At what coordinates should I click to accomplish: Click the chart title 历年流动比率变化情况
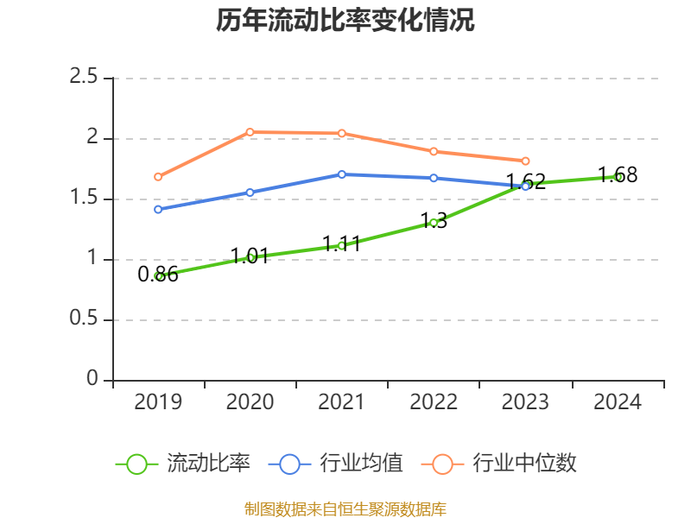tap(345, 21)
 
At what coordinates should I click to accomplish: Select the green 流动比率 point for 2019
tap(159, 276)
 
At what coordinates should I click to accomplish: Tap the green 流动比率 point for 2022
tap(434, 223)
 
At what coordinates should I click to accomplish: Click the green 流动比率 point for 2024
tap(618, 177)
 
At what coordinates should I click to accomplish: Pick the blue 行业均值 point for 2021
tap(342, 174)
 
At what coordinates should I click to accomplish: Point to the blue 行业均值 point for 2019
tap(159, 210)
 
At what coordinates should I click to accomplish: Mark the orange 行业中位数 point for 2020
tap(250, 132)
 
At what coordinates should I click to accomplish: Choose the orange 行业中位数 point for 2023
tap(525, 161)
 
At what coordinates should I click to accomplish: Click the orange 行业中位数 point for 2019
tap(159, 177)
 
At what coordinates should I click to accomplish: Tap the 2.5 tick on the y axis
tap(85, 78)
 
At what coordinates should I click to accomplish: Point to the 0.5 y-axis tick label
tap(85, 319)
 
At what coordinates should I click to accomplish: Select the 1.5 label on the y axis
tap(85, 199)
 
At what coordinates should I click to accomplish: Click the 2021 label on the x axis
tap(342, 402)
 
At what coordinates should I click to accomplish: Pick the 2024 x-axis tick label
tap(618, 402)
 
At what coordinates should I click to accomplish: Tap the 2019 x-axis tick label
tap(159, 402)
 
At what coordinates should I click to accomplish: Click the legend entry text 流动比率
tap(208, 464)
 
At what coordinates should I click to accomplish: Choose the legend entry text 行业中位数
tap(524, 464)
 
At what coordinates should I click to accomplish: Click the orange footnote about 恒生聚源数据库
tap(345, 509)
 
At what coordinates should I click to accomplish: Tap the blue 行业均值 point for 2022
tap(434, 178)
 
